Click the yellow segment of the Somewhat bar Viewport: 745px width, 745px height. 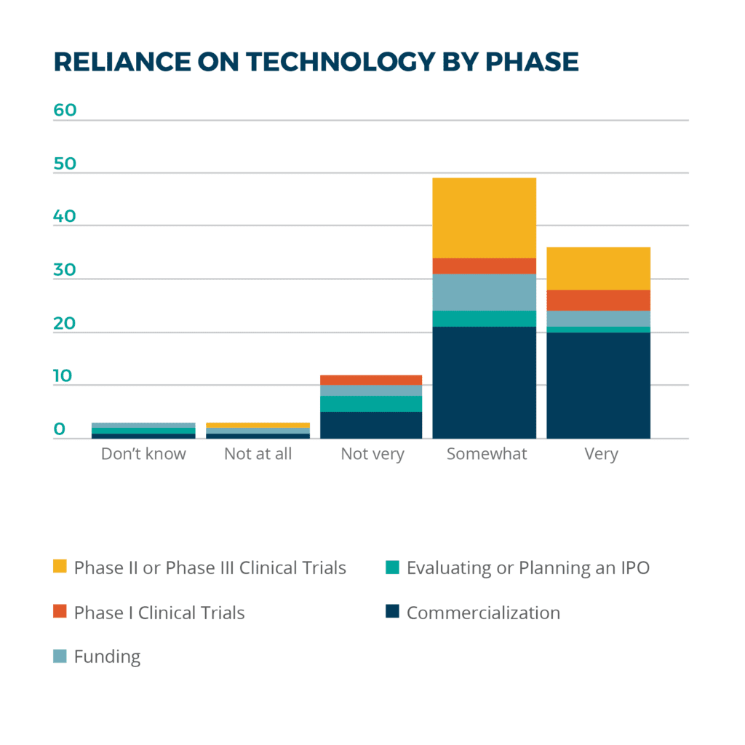tap(485, 218)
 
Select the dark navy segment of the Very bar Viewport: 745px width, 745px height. tap(598, 386)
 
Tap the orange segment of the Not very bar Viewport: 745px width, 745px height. tap(371, 380)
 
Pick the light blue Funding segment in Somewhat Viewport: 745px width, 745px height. tap(485, 292)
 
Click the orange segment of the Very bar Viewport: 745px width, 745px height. tap(598, 300)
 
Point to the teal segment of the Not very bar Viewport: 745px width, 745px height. tap(371, 404)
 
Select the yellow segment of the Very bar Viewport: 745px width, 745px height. tap(598, 268)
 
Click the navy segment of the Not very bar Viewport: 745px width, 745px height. tap(371, 425)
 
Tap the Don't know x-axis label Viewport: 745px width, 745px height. tap(143, 454)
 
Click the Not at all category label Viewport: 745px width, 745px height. tap(258, 454)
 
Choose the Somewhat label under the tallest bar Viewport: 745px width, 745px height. tap(486, 454)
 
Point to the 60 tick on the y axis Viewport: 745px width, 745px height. tap(65, 111)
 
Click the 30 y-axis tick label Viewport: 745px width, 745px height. tap(65, 270)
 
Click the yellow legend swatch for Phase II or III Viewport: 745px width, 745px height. tap(60, 566)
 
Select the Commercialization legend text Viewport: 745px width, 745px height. tap(483, 613)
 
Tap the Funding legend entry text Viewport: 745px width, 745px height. tap(107, 656)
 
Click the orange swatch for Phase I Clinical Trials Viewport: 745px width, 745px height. tap(60, 611)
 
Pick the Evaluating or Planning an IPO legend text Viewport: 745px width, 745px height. tap(527, 567)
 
